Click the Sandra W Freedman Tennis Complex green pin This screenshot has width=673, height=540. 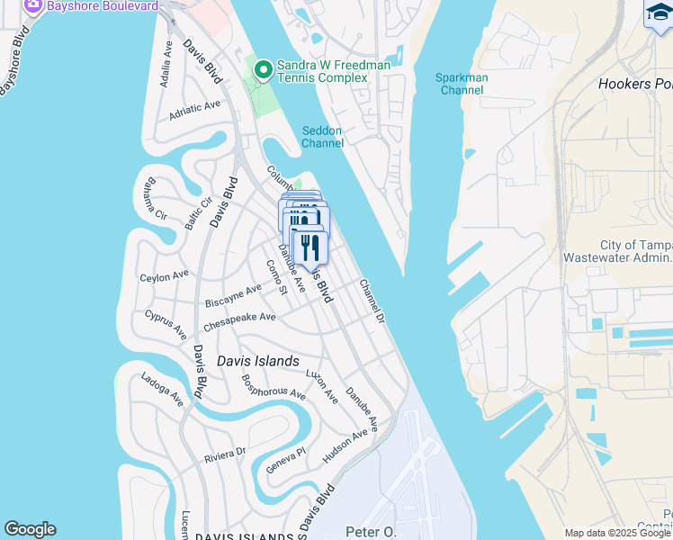[x=263, y=69]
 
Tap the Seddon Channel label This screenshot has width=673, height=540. [x=321, y=137]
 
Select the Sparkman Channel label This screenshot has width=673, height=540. [x=462, y=84]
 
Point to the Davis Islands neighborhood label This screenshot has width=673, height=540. [x=258, y=361]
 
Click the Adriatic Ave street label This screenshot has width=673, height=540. [x=194, y=111]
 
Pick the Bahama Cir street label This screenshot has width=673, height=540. [x=150, y=201]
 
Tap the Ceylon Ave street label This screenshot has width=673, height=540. [x=165, y=275]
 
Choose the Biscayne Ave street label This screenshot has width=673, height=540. [x=233, y=294]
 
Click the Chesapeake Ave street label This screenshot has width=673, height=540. [x=239, y=318]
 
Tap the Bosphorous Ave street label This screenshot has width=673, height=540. [x=275, y=392]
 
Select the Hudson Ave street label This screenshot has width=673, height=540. [x=345, y=446]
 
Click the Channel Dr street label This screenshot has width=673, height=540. [x=372, y=301]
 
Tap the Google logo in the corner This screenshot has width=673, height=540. [x=30, y=529]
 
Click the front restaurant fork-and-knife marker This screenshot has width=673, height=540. [x=310, y=247]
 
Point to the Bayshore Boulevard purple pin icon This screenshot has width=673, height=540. [x=33, y=5]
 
